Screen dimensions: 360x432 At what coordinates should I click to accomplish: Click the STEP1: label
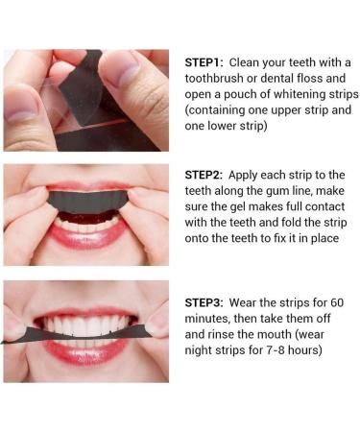(x=204, y=62)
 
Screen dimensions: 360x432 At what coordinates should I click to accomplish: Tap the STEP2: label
(x=204, y=175)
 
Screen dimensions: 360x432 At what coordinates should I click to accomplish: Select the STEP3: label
(x=204, y=302)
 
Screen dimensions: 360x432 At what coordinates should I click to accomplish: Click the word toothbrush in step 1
(x=214, y=79)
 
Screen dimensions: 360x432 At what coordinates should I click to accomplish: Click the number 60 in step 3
(x=337, y=302)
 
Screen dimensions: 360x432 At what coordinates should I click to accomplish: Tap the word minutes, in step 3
(x=207, y=319)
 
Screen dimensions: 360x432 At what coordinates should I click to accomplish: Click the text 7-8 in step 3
(x=276, y=350)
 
